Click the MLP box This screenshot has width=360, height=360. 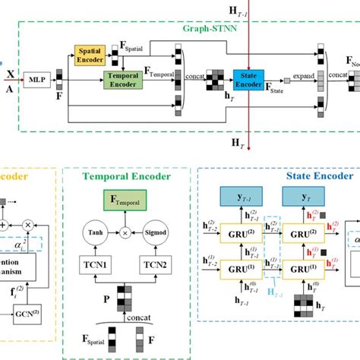tap(35, 78)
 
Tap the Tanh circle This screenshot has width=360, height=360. tap(94, 233)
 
